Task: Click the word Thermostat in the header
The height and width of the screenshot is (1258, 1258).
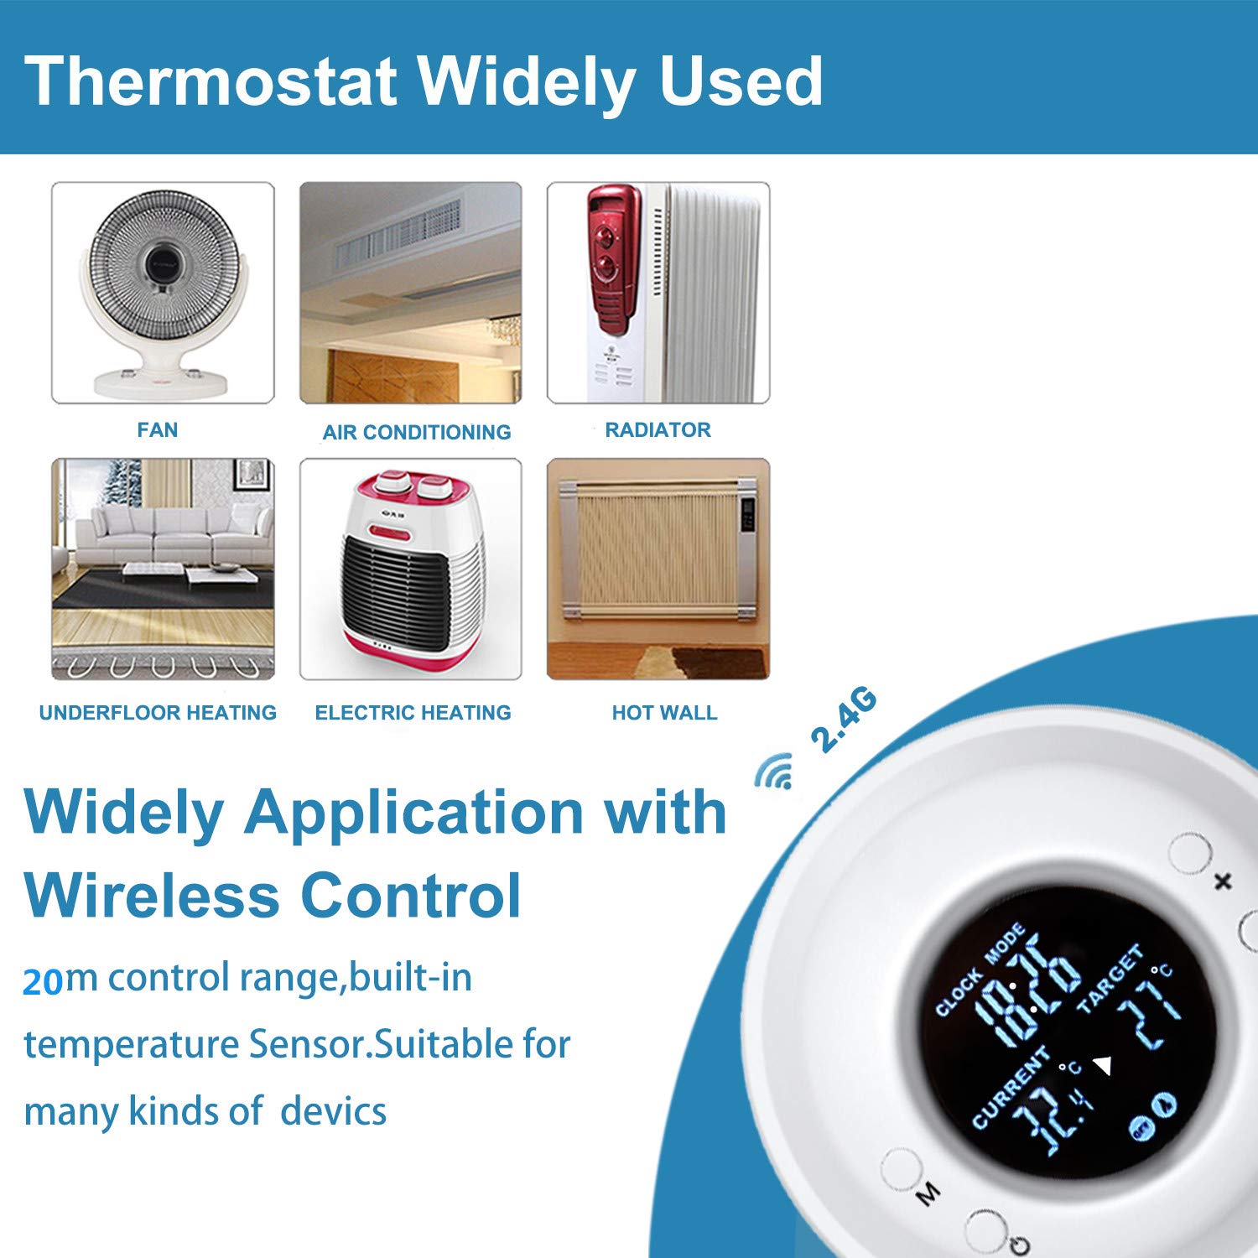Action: (x=211, y=81)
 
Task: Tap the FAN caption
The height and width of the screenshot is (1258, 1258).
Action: (x=158, y=430)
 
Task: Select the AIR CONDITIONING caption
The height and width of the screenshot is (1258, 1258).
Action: (x=417, y=432)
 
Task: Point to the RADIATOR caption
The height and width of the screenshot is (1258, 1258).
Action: (x=658, y=430)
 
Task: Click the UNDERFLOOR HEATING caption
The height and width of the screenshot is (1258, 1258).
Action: (x=158, y=713)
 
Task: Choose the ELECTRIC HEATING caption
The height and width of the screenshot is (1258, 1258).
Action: (x=413, y=713)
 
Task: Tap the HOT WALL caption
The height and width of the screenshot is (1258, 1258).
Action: (x=664, y=713)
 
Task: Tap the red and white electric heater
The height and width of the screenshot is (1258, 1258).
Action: (x=411, y=570)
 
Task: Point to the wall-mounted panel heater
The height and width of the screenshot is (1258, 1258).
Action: (x=658, y=549)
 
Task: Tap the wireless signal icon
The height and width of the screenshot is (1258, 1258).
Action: (x=774, y=772)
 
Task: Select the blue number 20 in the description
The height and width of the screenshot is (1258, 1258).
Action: (x=44, y=981)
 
